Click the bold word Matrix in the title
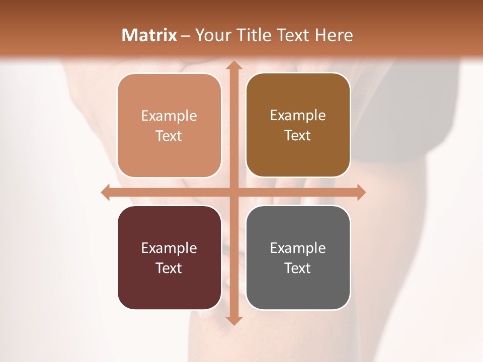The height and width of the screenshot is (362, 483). (x=149, y=35)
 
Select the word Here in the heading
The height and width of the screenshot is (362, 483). (x=334, y=35)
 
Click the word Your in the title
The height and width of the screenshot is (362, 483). (x=210, y=35)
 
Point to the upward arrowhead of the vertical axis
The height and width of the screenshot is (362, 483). (x=233, y=65)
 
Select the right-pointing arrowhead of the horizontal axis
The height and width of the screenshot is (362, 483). (x=360, y=193)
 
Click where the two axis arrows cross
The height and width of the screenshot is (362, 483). (x=233, y=193)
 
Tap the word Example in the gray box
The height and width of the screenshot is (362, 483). (x=298, y=248)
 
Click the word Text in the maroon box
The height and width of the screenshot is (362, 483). (x=169, y=268)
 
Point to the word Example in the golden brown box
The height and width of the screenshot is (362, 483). (x=298, y=115)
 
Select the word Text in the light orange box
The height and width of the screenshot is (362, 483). (x=169, y=136)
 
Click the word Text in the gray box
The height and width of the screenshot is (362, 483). (x=298, y=268)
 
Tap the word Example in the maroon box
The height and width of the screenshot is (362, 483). (x=169, y=248)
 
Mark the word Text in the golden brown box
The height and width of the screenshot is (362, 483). (x=298, y=135)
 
